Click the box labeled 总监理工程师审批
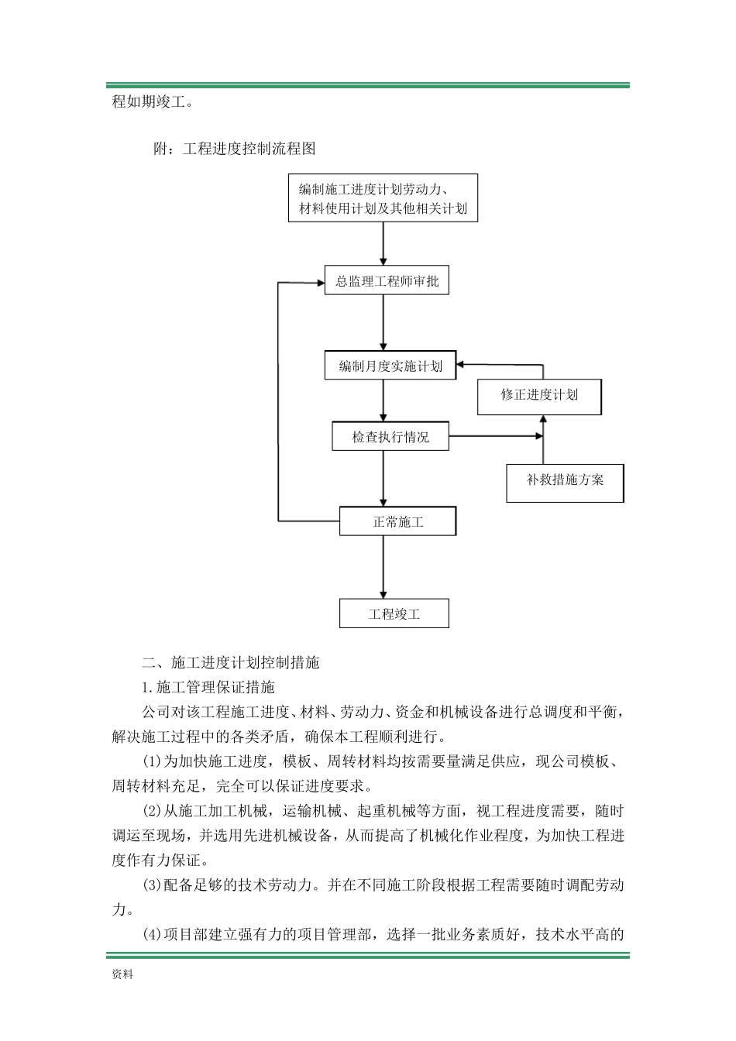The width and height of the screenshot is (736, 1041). click(387, 281)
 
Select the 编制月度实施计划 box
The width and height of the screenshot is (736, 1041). click(390, 366)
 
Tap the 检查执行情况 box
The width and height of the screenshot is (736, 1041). click(390, 437)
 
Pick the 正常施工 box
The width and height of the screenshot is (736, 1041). click(398, 521)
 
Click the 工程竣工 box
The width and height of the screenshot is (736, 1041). click(394, 614)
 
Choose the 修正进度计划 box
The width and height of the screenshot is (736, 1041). click(538, 395)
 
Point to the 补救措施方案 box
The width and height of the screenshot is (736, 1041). click(565, 479)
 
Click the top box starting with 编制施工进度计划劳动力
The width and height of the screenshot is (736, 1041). click(383, 198)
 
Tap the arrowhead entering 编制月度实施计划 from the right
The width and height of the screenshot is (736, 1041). click(462, 364)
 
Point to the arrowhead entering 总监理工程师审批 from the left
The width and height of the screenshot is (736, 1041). click(319, 283)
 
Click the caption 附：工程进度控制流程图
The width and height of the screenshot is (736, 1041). click(234, 148)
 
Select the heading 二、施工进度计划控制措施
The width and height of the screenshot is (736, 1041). click(230, 662)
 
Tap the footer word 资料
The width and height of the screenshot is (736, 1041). click(122, 974)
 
